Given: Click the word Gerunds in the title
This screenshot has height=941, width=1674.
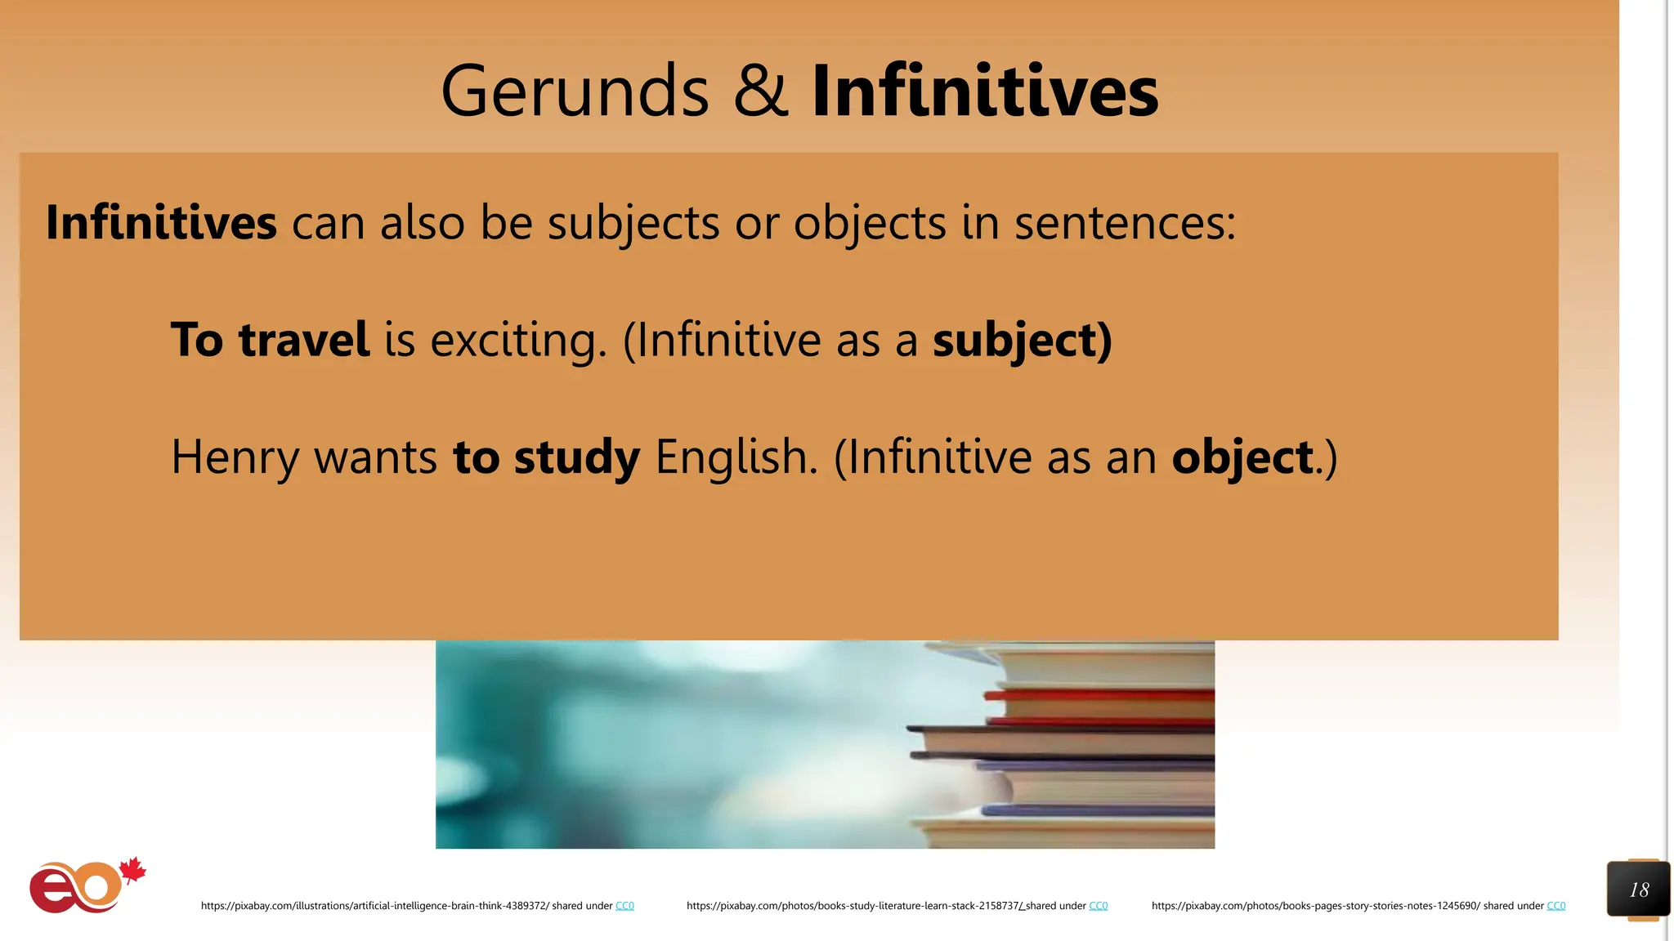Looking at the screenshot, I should click(x=575, y=91).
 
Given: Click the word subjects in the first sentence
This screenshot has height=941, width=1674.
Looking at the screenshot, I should click(x=633, y=223).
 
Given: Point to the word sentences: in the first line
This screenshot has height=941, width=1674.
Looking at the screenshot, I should click(x=1125, y=223).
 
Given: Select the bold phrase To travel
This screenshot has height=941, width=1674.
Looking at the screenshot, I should click(x=270, y=340).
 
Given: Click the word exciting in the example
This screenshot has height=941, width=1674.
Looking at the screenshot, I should click(x=518, y=341).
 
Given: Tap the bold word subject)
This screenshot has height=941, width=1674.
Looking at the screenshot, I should click(x=1022, y=341).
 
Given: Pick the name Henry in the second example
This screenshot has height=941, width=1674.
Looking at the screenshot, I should click(x=235, y=457).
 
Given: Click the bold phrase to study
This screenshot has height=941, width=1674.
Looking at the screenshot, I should click(x=546, y=457).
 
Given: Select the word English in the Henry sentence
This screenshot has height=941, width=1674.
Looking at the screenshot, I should click(x=736, y=457).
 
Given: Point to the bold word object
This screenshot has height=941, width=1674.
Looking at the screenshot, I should click(x=1242, y=457).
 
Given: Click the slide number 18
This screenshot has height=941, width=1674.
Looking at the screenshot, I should click(x=1639, y=890).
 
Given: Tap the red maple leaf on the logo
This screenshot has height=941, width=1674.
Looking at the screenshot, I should click(x=132, y=871).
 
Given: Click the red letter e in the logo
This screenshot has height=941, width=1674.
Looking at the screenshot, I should click(x=51, y=890).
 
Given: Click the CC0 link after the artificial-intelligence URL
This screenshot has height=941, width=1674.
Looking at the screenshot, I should click(x=624, y=906).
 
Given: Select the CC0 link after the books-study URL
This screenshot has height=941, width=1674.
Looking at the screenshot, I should click(x=1098, y=906).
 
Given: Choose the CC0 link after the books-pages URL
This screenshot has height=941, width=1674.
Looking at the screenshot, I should click(x=1555, y=906).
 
